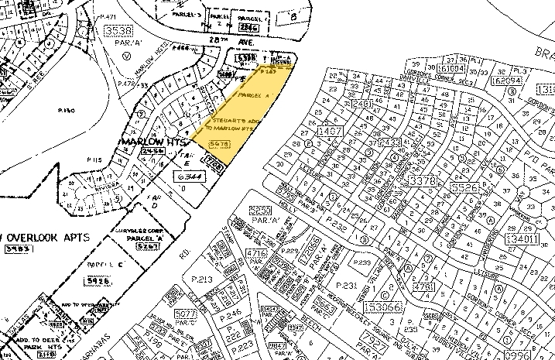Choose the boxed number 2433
pos(389,142)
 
